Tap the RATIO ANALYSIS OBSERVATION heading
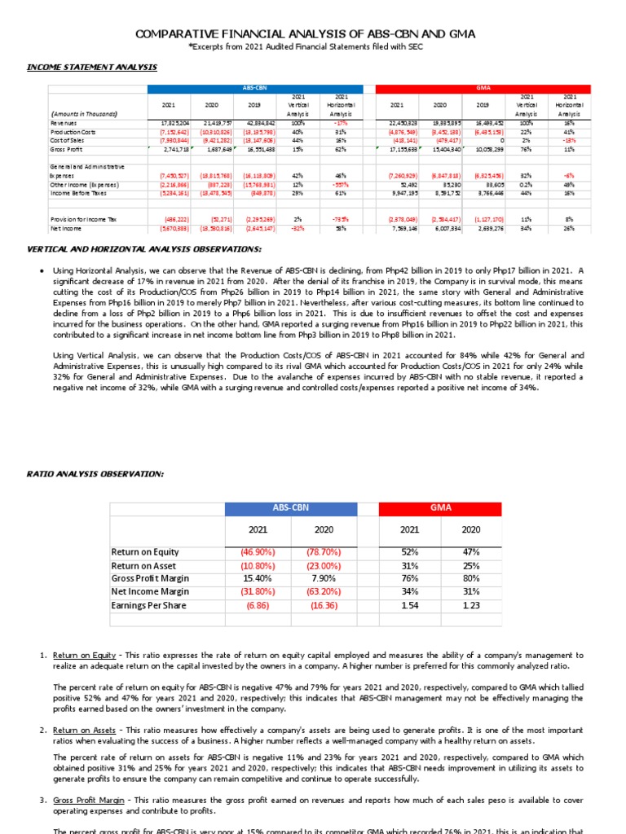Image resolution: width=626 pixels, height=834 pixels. pyautogui.click(x=107, y=473)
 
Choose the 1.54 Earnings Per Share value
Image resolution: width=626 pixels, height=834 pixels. pyautogui.click(x=410, y=605)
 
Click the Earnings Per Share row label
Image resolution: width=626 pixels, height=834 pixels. pyautogui.click(x=148, y=605)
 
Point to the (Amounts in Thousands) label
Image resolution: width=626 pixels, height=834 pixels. pyautogui.click(x=84, y=114)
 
